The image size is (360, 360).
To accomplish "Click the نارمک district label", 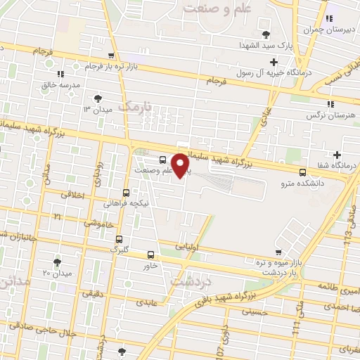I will pos(136,107).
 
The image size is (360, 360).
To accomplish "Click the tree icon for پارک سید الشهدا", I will pos(265,35).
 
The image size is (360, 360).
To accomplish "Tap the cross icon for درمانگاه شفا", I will pos(337,155).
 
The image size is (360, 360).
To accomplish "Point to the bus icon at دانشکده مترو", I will pos(302,172).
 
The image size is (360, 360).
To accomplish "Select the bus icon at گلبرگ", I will pos(119,238).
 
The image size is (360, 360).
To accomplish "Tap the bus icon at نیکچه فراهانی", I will pos(126,192).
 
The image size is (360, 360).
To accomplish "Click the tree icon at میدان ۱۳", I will pos(97,98).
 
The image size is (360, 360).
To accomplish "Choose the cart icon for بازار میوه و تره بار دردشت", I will pos(278,252).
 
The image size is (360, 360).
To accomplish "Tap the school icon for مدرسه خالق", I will pos(61,73).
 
